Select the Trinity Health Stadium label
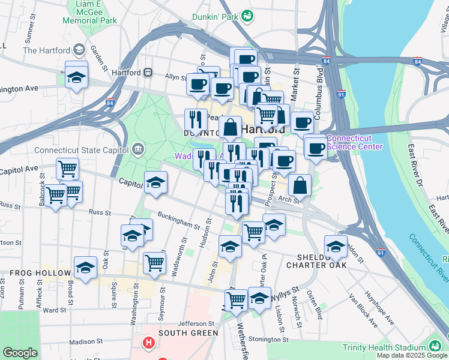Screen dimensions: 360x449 coord(384,347)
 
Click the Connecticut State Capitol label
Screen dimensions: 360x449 coord(82,150)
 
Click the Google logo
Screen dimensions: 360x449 coord(20,353)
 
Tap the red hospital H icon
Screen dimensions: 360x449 coord(148,344)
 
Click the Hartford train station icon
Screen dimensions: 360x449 coord(148,73)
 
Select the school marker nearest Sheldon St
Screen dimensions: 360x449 coord(336,246)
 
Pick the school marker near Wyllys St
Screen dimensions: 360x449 coord(259,298)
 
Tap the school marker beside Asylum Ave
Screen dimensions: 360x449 coord(77,77)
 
